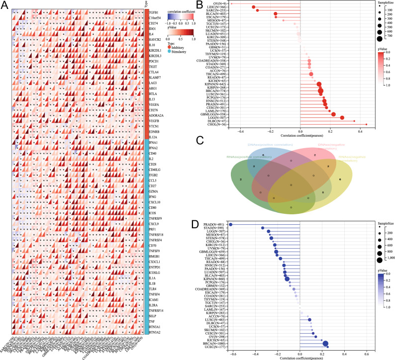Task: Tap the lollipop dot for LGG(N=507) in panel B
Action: (342, 117)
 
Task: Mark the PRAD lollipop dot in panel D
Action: (230, 225)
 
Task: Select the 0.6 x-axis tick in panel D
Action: (366, 355)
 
